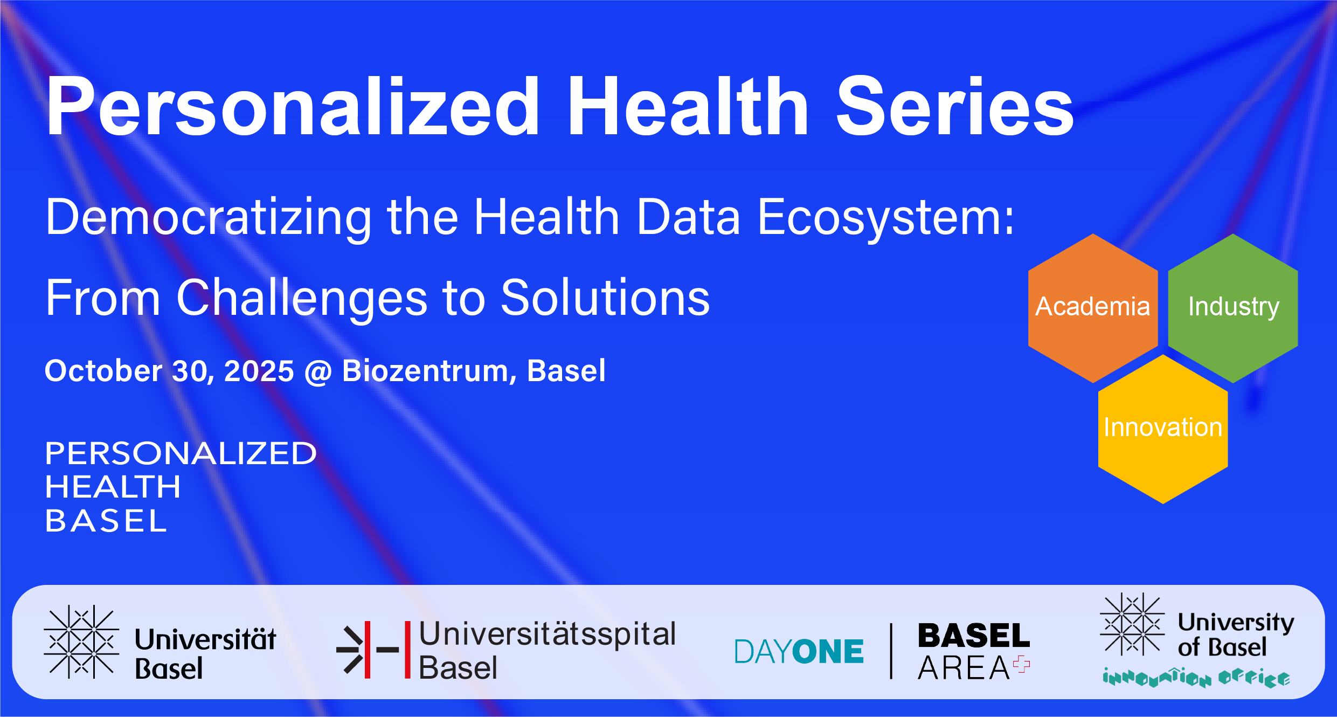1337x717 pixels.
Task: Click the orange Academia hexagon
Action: (x=1093, y=308)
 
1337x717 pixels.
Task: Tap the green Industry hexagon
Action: (x=1233, y=308)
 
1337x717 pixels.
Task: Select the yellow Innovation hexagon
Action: (x=1163, y=429)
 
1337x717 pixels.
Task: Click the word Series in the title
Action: (x=954, y=106)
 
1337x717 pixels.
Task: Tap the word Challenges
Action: (x=302, y=299)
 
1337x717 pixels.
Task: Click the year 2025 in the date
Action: (x=259, y=371)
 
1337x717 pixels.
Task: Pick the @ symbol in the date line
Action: (x=318, y=372)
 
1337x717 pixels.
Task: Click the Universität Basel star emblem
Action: (x=81, y=642)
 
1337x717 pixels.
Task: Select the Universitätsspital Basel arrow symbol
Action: (x=366, y=649)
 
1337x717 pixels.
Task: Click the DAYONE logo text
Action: (x=799, y=651)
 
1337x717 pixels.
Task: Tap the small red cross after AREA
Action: (x=1021, y=665)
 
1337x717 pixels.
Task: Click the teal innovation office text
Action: (x=1196, y=678)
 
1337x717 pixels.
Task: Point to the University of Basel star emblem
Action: (x=1132, y=624)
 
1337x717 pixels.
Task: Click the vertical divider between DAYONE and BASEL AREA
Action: (x=891, y=651)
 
